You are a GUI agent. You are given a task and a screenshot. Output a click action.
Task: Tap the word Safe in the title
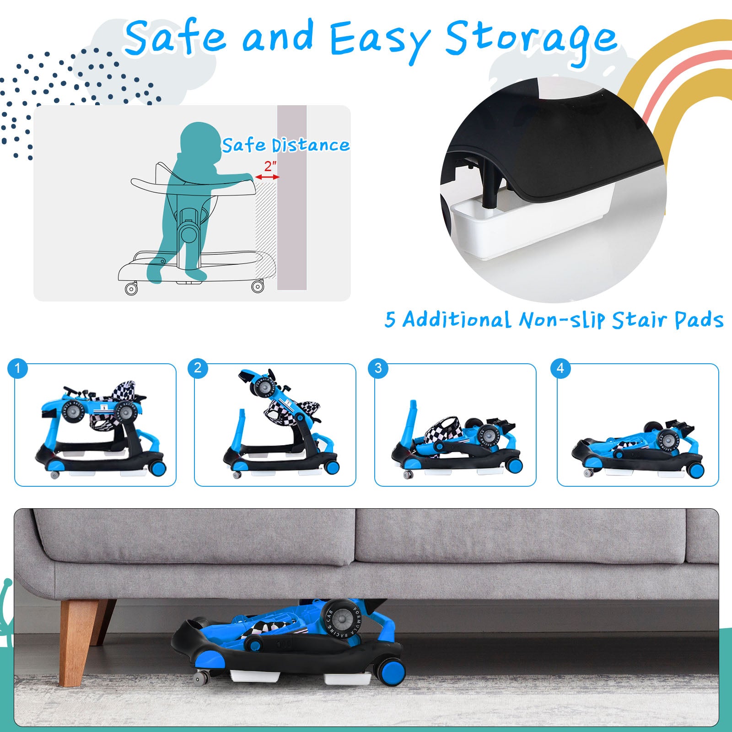point(175,37)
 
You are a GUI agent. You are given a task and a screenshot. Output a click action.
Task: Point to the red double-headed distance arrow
point(267,177)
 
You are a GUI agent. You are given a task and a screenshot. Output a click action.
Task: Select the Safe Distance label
point(286,145)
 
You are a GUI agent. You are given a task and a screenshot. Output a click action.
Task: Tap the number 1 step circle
point(18,368)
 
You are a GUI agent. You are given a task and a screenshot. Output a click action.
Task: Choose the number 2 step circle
point(198,368)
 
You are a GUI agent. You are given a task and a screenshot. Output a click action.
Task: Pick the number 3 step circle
point(378,368)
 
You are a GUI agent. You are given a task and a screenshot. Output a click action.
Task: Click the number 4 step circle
point(560,368)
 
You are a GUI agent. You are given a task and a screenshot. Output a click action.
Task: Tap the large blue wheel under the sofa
point(391,670)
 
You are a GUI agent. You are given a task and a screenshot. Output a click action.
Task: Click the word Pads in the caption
point(699,320)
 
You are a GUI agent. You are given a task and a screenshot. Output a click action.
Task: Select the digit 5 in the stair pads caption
point(390,320)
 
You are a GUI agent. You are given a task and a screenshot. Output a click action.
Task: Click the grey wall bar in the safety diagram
point(292,198)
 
